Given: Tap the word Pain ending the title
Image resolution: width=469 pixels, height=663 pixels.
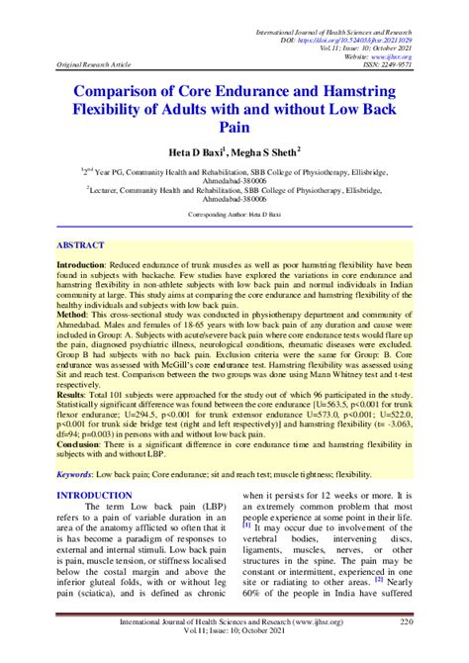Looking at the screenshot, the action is click(234, 127).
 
